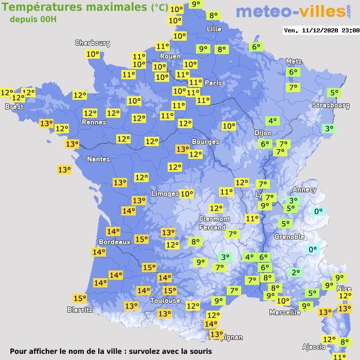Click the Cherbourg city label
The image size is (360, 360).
pos(93,43)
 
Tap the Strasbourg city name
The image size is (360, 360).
pos(331,105)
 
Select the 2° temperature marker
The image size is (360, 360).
pos(295,273)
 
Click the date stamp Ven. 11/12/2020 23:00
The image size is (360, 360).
pos(321,30)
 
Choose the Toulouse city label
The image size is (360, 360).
pos(165,300)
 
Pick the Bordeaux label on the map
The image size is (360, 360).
pos(114,242)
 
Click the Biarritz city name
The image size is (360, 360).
pos(80,310)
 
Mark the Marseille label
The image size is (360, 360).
pos(285,312)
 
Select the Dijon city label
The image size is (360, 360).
pos(263,133)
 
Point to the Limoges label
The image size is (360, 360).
pos(165,193)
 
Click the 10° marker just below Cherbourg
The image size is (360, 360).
pos(93,54)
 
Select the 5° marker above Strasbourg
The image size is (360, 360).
pos(334,93)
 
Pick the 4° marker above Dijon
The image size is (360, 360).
pos(272,121)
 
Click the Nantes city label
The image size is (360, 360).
pos(98,159)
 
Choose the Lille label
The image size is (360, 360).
pos(213,29)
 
